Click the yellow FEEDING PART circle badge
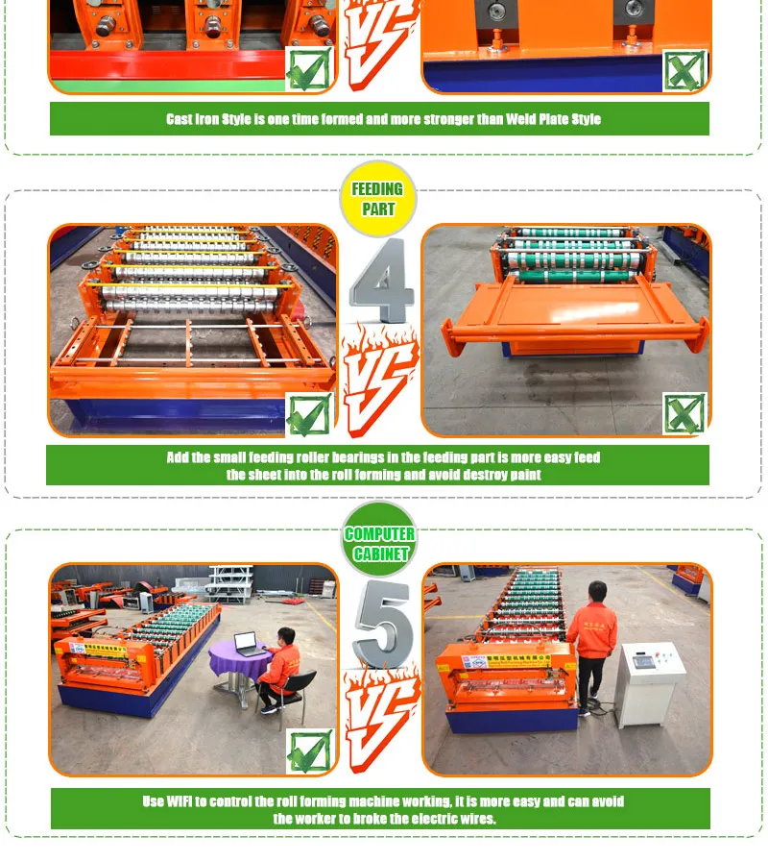pyautogui.click(x=378, y=199)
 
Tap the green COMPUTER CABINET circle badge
pyautogui.click(x=379, y=539)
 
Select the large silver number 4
pyautogui.click(x=381, y=281)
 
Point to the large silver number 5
pyautogui.click(x=384, y=624)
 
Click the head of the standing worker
pyautogui.click(x=597, y=591)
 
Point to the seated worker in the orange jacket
pyautogui.click(x=279, y=670)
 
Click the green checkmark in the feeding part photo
pyautogui.click(x=310, y=414)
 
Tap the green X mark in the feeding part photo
pyautogui.click(x=684, y=413)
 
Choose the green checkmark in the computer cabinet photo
pyautogui.click(x=310, y=750)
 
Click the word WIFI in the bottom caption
pyautogui.click(x=179, y=801)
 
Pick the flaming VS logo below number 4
pyautogui.click(x=378, y=379)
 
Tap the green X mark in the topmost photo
pyautogui.click(x=684, y=70)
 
